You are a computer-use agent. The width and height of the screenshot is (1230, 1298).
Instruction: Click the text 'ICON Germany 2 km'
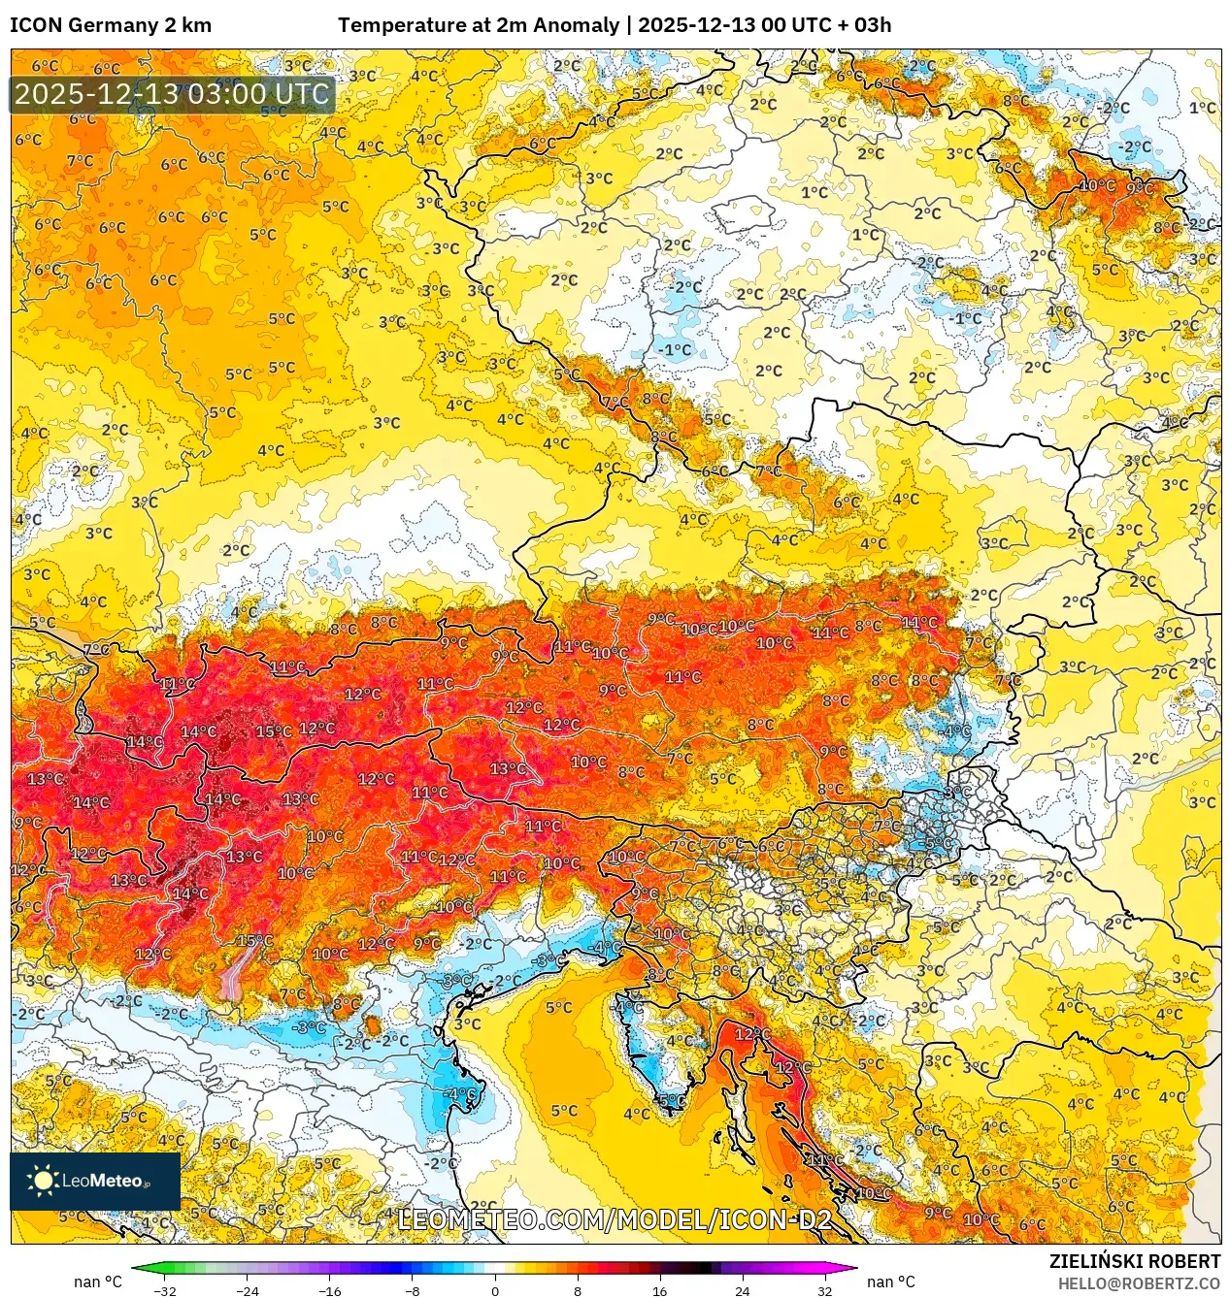click(111, 25)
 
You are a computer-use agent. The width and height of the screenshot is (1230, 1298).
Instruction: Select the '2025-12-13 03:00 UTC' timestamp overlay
click(172, 95)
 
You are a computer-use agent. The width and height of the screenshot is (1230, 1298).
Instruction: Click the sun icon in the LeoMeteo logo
click(43, 1180)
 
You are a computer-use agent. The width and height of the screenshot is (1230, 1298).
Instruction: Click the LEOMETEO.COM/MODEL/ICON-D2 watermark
click(615, 1219)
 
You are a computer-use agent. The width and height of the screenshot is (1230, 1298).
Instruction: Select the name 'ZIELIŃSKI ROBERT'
click(1135, 1261)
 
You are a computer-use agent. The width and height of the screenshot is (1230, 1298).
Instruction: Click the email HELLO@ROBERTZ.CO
click(1139, 1283)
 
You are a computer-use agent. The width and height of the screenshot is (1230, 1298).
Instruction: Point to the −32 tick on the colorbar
click(165, 1290)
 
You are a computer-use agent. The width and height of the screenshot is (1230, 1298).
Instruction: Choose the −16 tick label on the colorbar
click(330, 1290)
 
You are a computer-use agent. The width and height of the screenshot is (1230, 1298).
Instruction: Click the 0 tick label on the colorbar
click(495, 1290)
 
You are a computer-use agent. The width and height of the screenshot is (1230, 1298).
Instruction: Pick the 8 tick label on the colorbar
click(578, 1290)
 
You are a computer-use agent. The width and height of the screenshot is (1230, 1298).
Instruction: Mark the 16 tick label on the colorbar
click(660, 1290)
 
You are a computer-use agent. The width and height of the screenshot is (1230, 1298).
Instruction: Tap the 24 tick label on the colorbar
click(743, 1290)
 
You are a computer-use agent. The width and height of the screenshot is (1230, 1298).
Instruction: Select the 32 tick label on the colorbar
click(824, 1290)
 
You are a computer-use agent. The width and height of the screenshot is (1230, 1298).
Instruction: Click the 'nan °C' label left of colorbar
click(98, 1282)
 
